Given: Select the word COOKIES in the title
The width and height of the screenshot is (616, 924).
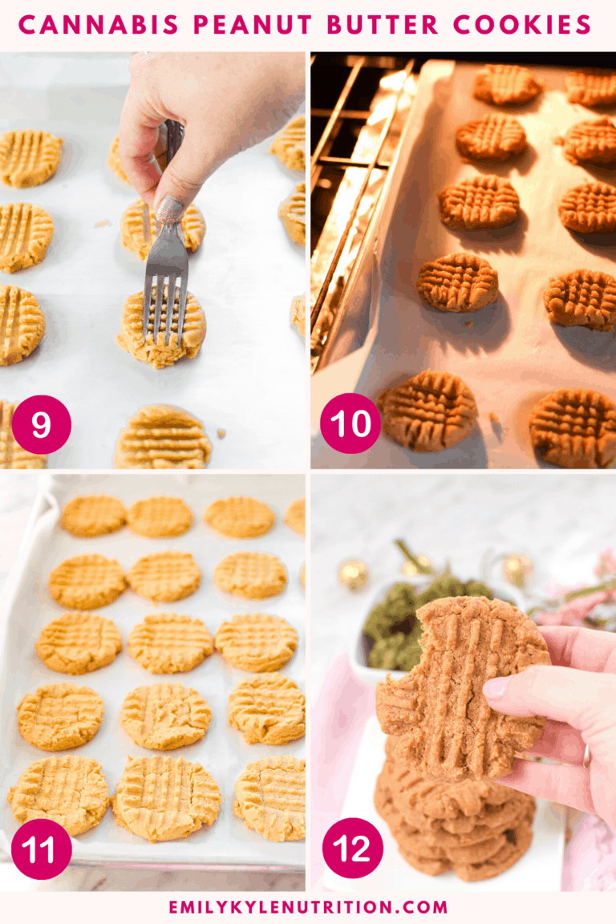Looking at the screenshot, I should tap(522, 25).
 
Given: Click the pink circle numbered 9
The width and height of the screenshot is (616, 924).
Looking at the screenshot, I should tap(41, 424).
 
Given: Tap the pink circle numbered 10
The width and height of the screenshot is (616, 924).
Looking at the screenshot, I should tap(351, 423).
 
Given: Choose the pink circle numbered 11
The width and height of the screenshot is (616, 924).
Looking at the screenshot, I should tap(41, 849).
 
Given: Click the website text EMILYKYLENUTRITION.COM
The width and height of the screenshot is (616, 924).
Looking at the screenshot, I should tap(308, 907).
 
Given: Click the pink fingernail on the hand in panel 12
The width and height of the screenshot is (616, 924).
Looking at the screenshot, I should tap(496, 687).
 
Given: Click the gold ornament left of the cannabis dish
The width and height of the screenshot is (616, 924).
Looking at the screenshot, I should tap(353, 573).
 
